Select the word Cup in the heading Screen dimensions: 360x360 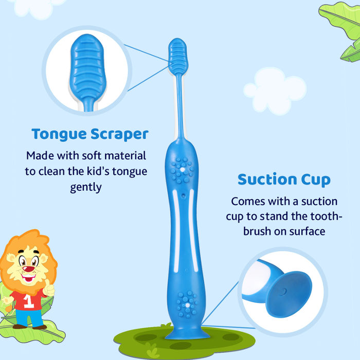pos(316,180)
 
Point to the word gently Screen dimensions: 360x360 pos(86,187)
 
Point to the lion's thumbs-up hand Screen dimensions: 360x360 pos(49,289)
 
